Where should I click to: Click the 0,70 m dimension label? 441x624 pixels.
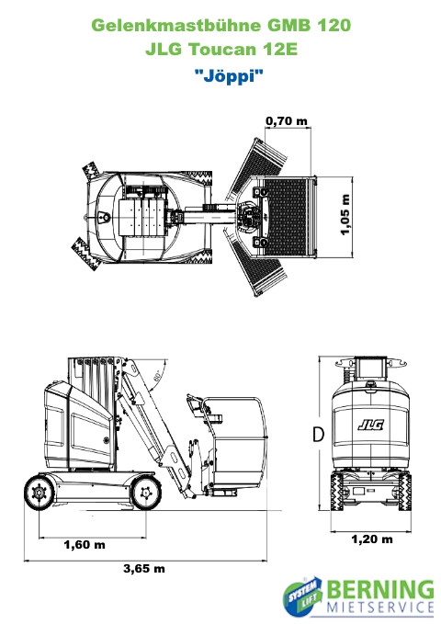(287, 120)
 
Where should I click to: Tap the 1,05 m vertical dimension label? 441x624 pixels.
(345, 215)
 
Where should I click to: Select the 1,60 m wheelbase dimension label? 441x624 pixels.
(85, 544)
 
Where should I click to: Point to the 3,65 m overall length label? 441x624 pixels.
(144, 568)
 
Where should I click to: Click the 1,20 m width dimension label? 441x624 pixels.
(372, 539)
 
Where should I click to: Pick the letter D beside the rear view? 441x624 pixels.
(319, 435)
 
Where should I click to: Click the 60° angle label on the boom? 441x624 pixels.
(158, 376)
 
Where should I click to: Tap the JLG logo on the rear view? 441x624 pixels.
(370, 425)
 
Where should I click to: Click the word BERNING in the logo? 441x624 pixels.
(381, 591)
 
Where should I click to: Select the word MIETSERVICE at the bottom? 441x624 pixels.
(380, 607)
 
